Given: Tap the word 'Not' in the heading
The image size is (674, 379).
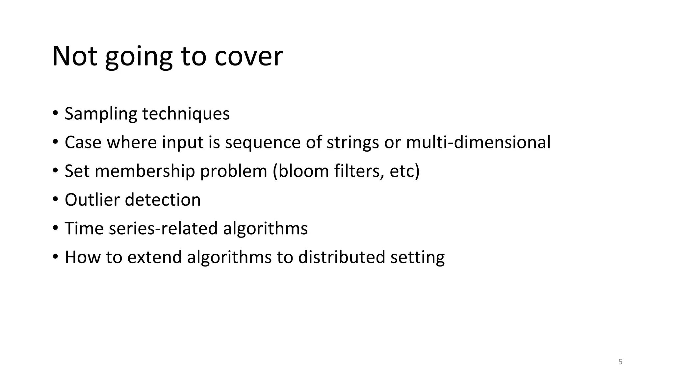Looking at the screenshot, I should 74,57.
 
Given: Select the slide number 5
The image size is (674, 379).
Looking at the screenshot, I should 620,362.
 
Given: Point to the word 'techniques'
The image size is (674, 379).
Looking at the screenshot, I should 186,114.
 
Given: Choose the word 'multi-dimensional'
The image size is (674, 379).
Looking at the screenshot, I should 478,142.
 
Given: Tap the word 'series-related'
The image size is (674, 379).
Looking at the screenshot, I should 163,228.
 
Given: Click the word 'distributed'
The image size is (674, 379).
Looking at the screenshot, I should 342,257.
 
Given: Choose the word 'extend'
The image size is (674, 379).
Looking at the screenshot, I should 154,257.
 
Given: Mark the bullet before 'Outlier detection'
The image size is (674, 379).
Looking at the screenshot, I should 55,199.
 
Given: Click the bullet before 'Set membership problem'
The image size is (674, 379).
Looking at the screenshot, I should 55,170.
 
